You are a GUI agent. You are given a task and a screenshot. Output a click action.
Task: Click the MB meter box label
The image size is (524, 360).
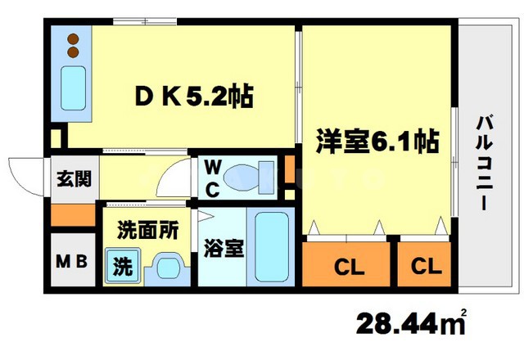(70, 263)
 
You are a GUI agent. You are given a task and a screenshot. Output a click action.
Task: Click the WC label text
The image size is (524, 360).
(211, 178)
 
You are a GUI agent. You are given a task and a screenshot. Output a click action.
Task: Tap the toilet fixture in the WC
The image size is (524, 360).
(251, 175)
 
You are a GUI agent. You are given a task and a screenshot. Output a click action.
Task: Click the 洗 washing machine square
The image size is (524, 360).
(121, 267)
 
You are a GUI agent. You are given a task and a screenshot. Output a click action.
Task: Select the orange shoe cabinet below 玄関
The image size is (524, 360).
(72, 214)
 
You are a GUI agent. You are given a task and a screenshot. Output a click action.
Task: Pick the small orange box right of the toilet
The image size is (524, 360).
(289, 173)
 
